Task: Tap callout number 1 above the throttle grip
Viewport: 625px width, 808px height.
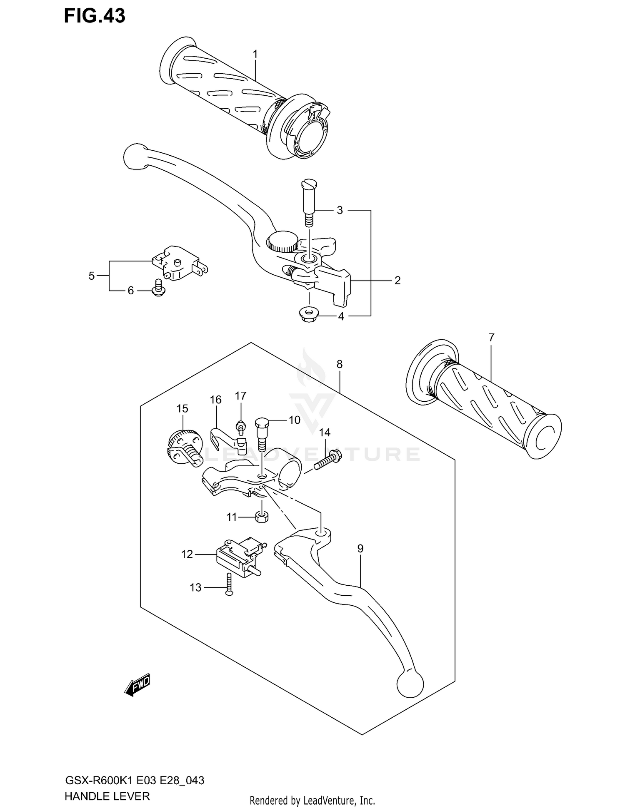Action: (255, 54)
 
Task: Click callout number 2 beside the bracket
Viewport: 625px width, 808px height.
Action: (397, 281)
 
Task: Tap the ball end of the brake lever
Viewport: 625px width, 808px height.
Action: (134, 157)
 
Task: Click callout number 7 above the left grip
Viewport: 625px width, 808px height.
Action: (491, 338)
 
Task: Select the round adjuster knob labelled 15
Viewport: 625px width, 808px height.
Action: (182, 446)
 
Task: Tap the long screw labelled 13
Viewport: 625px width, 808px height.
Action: (228, 584)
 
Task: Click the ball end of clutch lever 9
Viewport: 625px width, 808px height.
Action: (410, 683)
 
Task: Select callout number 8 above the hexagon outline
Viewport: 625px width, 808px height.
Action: (340, 364)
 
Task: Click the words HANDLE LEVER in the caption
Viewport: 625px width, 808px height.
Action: (107, 797)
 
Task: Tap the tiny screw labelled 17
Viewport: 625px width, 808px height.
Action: (240, 426)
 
